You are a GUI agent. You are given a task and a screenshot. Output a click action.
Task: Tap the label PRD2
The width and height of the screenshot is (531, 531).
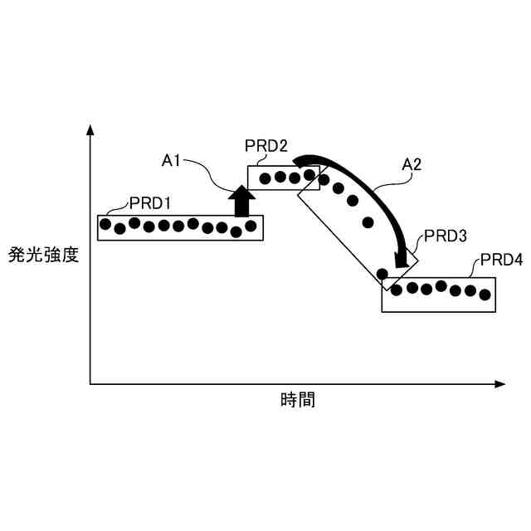click(x=266, y=146)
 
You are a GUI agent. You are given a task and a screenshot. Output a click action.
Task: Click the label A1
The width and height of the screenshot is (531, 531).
click(x=172, y=160)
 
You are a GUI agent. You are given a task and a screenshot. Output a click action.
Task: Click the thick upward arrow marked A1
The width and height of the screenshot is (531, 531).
click(x=241, y=202)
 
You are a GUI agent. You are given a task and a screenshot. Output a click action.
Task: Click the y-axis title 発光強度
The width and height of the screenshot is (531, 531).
click(x=44, y=254)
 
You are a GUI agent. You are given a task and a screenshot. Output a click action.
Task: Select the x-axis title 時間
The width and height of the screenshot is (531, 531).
click(x=297, y=401)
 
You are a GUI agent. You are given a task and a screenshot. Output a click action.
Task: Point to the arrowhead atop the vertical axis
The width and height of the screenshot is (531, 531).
click(x=90, y=129)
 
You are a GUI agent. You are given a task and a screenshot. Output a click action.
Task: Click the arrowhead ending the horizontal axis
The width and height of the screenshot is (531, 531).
click(x=499, y=384)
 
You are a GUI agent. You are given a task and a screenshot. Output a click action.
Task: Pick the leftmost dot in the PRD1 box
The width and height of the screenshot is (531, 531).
click(x=105, y=224)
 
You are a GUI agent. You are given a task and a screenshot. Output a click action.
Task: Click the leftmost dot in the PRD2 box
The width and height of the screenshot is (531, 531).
click(x=265, y=178)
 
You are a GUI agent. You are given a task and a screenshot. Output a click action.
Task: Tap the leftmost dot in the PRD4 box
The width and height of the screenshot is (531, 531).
click(x=397, y=290)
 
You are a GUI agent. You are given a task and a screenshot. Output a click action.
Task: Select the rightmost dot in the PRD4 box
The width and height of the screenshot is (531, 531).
click(x=485, y=293)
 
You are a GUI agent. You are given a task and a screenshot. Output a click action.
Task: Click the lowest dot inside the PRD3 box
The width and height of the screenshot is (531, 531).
click(x=382, y=274)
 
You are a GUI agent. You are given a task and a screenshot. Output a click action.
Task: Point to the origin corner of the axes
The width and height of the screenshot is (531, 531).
click(x=90, y=384)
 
